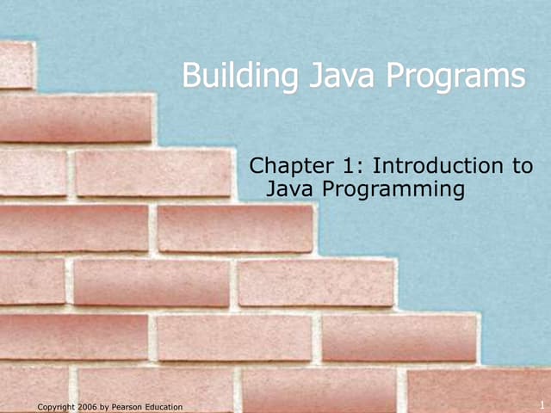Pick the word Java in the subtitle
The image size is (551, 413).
click(x=290, y=188)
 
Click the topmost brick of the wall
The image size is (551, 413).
click(x=15, y=65)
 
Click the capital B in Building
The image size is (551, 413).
click(x=190, y=77)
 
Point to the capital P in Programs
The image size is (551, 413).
click(x=395, y=77)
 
